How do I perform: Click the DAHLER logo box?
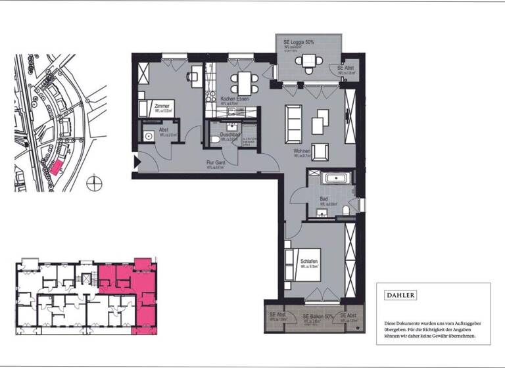tap(400, 296)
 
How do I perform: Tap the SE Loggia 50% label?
tap(299, 42)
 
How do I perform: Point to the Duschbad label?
tap(230, 135)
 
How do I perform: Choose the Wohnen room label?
tap(302, 151)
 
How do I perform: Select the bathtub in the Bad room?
tap(336, 178)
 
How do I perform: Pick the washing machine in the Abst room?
tap(148, 136)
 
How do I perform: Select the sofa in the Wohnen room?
tap(293, 124)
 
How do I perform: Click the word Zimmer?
tap(162, 106)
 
